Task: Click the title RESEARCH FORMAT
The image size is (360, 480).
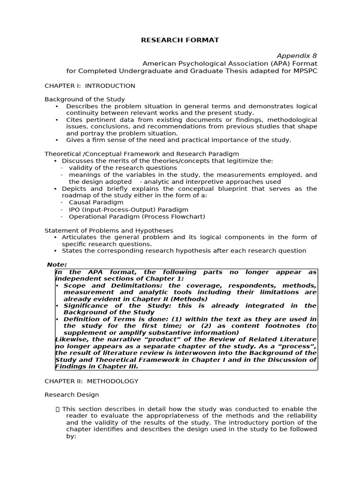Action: click(x=180, y=40)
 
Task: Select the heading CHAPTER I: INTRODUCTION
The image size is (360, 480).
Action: click(x=90, y=86)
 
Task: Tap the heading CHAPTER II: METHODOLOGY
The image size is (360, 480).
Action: click(x=91, y=381)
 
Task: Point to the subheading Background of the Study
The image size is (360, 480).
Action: click(x=84, y=99)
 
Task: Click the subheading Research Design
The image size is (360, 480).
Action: click(x=72, y=395)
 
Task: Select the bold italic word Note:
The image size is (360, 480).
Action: click(x=57, y=265)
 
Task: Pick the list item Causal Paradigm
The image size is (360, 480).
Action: click(x=96, y=202)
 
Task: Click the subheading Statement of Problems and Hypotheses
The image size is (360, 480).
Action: click(x=109, y=230)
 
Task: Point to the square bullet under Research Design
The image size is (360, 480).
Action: click(x=57, y=409)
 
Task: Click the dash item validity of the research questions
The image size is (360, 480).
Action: click(x=123, y=167)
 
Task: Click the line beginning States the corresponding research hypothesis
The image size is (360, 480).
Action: click(x=184, y=251)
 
